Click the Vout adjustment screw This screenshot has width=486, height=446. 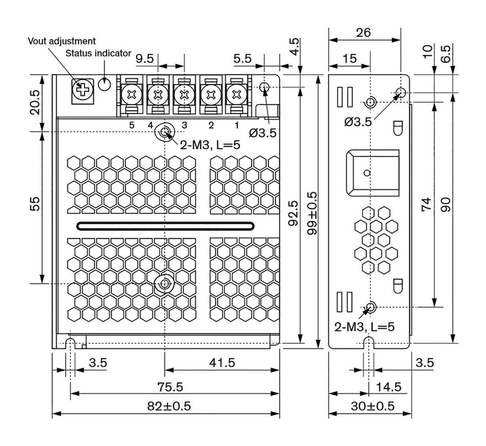tap(83, 89)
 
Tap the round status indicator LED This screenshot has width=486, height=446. tap(104, 84)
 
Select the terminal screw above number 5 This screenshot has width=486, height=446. tap(131, 94)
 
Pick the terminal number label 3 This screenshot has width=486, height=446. tap(185, 125)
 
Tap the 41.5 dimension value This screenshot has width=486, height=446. tap(222, 363)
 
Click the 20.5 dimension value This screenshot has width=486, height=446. tap(34, 102)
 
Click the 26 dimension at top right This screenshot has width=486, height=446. tap(364, 32)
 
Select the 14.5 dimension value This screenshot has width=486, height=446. tap(388, 387)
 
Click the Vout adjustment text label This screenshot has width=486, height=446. tap(62, 41)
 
